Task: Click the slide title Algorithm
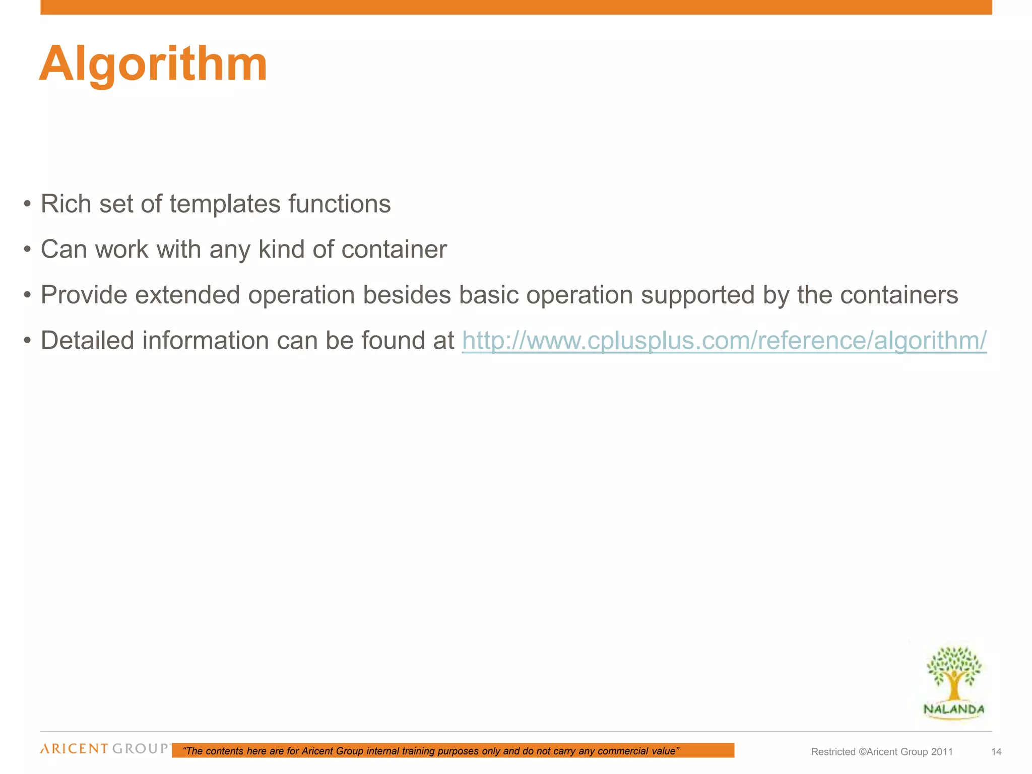(x=153, y=64)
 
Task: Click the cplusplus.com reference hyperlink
(x=724, y=341)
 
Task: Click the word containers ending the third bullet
(x=899, y=295)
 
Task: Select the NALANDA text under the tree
(x=953, y=709)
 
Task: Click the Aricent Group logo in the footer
(x=104, y=749)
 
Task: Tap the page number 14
(x=996, y=752)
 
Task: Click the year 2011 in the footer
(x=942, y=752)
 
